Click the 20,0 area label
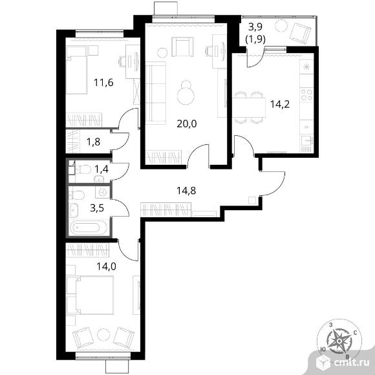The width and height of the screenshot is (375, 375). pos(187,124)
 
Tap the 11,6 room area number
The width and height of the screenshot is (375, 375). pos(103,83)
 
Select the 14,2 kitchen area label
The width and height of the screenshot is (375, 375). pos(280,104)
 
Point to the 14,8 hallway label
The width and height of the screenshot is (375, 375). pos(186,191)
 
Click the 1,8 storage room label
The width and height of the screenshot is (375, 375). pos(93,142)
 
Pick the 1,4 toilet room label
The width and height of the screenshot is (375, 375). pos(102,169)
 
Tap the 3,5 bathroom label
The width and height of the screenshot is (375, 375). pos(97,208)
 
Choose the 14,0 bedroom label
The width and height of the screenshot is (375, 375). pos(107,266)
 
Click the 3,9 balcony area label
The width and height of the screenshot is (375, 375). pos(255,27)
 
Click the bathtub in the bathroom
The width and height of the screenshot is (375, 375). pos(88,228)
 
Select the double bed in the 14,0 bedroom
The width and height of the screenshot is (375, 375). pos(90,295)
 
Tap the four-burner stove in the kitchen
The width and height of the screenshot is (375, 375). pos(306,94)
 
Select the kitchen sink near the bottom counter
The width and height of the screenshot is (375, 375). pos(306,140)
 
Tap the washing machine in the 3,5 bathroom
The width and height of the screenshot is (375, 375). pos(103,192)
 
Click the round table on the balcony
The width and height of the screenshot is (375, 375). pos(281,26)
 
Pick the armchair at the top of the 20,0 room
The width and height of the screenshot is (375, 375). pos(182,47)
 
